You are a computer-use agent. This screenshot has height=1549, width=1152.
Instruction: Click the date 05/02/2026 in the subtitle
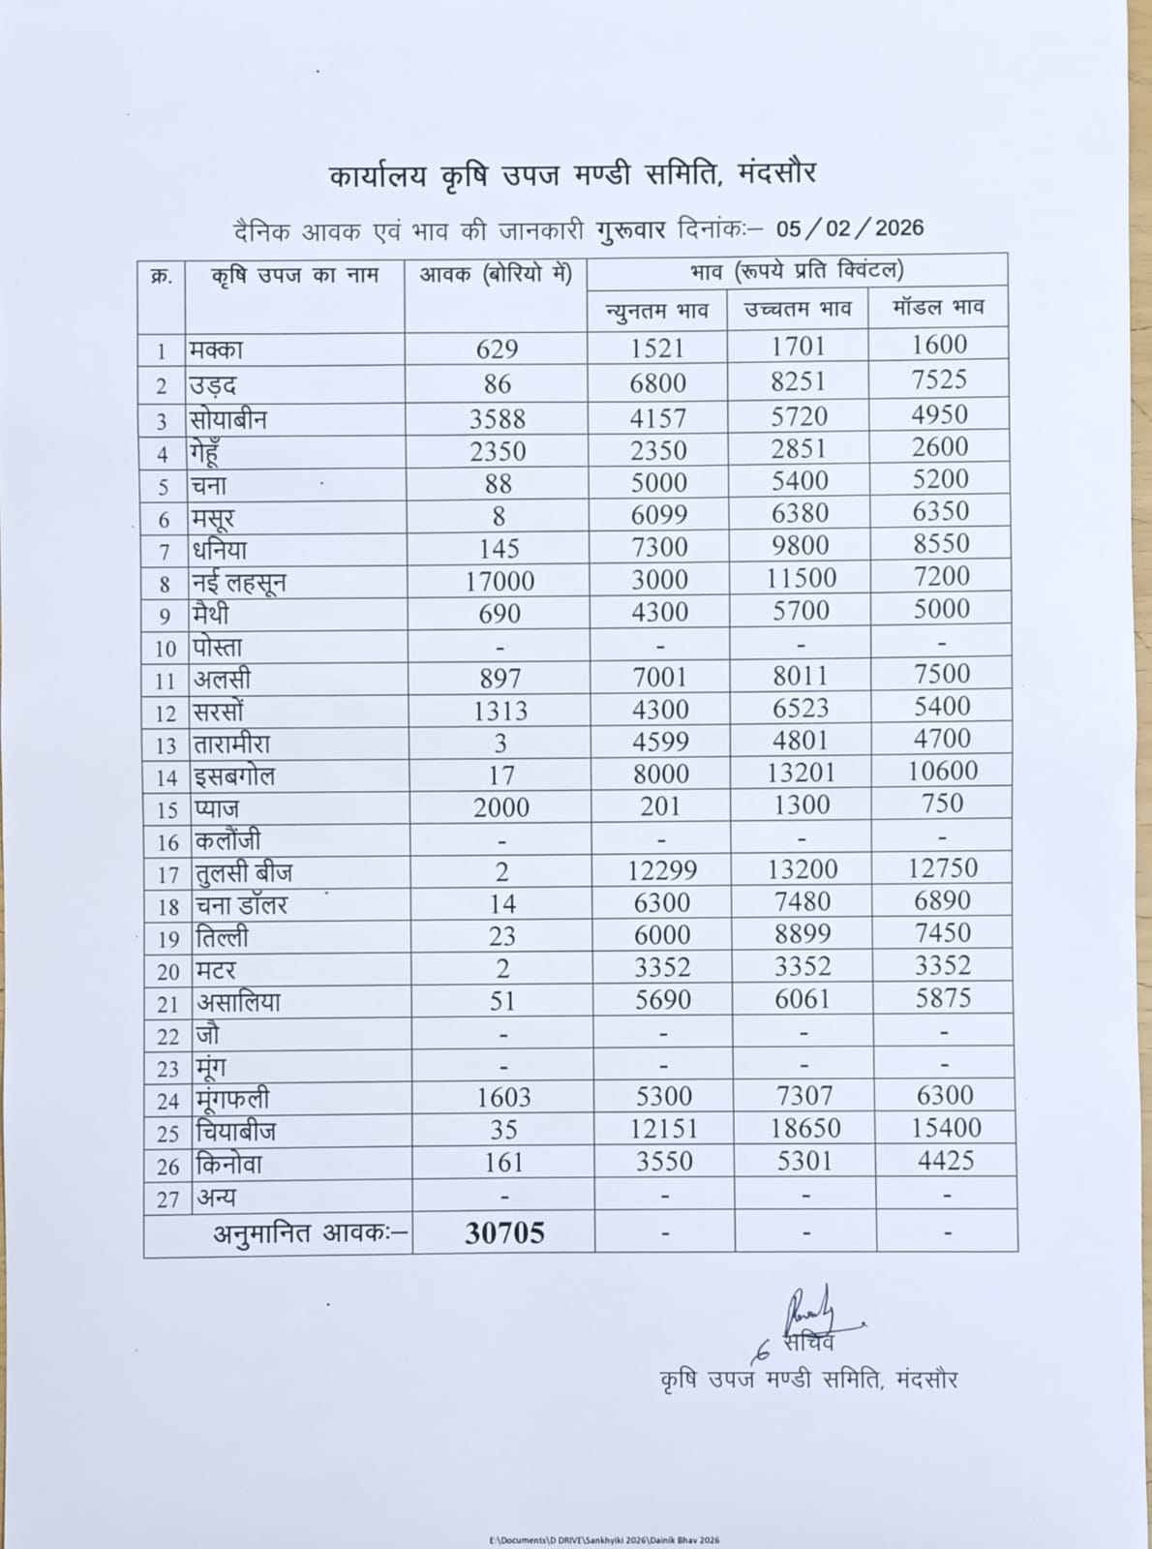(x=849, y=228)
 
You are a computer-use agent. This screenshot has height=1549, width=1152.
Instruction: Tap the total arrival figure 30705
(x=504, y=1232)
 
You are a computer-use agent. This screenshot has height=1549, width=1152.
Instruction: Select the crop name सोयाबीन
(x=228, y=419)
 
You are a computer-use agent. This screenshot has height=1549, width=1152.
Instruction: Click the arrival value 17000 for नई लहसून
(x=499, y=581)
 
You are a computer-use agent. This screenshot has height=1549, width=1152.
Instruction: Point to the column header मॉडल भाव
(x=938, y=307)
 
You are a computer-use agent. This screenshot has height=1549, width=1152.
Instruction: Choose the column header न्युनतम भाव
(x=657, y=311)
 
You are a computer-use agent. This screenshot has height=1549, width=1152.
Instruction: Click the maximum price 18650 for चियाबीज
(x=804, y=1128)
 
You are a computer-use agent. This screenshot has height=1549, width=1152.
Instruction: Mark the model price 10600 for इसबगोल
(x=943, y=771)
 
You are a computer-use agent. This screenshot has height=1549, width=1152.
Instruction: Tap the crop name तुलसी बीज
(x=244, y=873)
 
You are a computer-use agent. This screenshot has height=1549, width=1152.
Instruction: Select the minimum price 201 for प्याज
(x=660, y=805)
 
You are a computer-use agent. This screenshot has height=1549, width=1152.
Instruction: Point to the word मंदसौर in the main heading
(x=778, y=173)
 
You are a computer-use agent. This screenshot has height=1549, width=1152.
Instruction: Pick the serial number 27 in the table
(x=167, y=1199)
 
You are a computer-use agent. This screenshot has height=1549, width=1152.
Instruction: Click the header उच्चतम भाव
(x=798, y=309)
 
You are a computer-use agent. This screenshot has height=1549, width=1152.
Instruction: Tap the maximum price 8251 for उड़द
(x=799, y=381)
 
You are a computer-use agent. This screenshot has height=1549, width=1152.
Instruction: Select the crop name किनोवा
(x=228, y=1164)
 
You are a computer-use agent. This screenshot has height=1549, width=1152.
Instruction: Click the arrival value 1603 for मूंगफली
(x=503, y=1097)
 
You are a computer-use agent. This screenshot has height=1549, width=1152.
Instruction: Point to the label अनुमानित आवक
(x=311, y=1233)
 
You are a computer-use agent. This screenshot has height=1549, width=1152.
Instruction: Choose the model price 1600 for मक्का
(x=939, y=345)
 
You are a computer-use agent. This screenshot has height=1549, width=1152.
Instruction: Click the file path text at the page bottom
(x=604, y=1539)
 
